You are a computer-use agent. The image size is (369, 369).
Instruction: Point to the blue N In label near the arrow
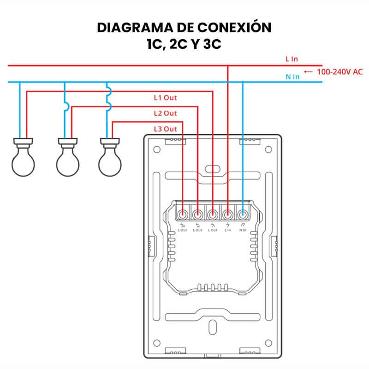292,77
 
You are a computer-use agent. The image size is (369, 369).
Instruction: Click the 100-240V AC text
340,71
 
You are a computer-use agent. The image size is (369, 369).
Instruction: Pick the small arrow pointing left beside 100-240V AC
309,71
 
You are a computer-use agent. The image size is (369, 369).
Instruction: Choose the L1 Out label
165,98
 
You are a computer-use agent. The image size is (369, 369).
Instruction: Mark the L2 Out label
165,113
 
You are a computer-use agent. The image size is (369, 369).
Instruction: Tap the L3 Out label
165,129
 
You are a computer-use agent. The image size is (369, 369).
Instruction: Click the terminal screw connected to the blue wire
243,214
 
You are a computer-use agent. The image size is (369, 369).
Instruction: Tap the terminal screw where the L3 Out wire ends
183,214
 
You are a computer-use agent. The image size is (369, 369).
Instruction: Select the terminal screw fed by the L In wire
228,214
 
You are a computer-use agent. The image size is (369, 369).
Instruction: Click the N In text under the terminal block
243,230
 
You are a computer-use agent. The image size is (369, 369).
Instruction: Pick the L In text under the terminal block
228,230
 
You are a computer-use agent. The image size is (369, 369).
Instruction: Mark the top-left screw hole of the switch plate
157,149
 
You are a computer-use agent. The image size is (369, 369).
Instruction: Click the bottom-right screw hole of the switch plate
268,344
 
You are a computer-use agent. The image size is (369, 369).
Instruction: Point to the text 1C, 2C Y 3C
184,45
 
